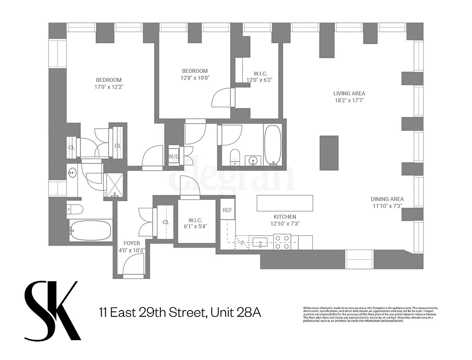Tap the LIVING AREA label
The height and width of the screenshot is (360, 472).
click(x=349, y=94)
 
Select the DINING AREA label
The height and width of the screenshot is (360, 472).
click(x=387, y=199)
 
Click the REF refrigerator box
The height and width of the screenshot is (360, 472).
click(x=227, y=209)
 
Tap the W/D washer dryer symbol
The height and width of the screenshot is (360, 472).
click(x=173, y=157)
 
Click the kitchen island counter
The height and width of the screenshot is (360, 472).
click(x=285, y=203)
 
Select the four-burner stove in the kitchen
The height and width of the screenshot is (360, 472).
click(x=282, y=242)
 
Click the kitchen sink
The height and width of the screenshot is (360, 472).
click(x=260, y=243)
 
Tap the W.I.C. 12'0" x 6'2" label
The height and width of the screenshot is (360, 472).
click(x=259, y=76)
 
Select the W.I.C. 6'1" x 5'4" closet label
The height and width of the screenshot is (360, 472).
click(x=195, y=223)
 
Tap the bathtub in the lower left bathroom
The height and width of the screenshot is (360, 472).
click(x=90, y=230)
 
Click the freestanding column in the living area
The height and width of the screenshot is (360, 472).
click(x=329, y=153)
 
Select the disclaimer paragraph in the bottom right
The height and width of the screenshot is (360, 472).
click(x=370, y=315)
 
